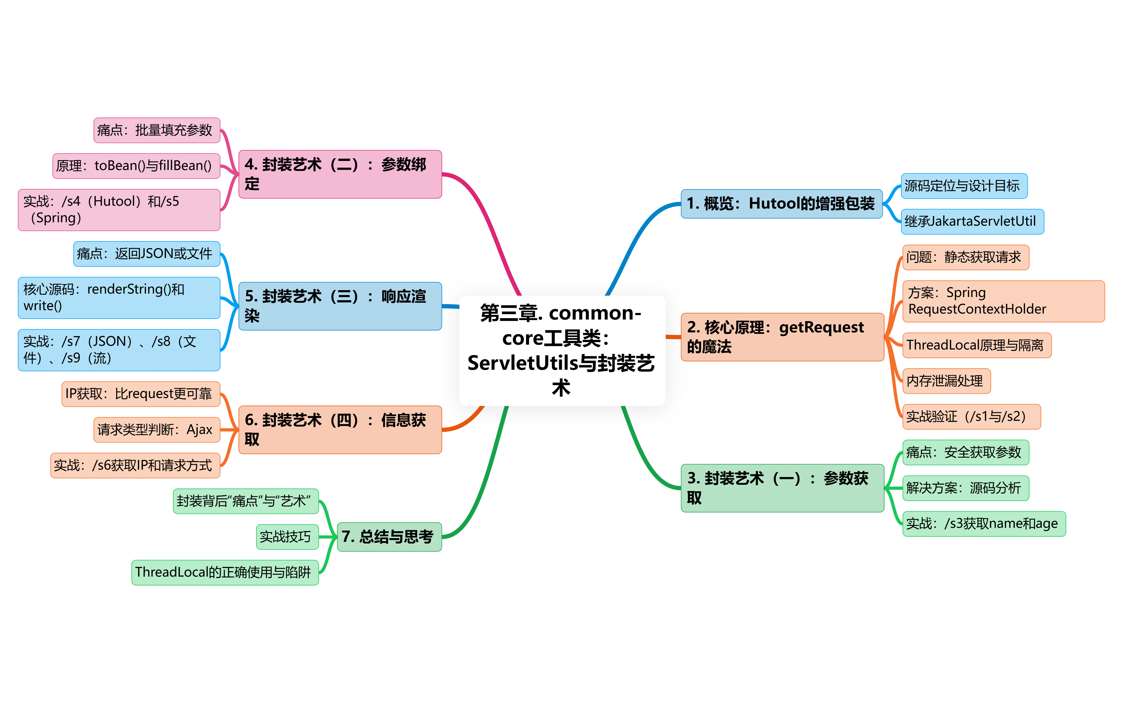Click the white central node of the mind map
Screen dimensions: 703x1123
562,350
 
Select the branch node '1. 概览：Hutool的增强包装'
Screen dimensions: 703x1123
781,204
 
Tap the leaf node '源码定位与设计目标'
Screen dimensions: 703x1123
964,186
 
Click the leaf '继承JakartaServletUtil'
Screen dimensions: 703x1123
971,221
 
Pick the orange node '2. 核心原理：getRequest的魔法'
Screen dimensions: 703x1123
782,337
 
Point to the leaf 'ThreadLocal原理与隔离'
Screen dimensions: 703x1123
976,345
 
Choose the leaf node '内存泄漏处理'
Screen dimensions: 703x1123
946,381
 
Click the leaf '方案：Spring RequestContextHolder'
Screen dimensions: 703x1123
1003,301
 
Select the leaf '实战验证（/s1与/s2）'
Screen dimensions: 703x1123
971,417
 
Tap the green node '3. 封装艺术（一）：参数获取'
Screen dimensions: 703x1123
782,488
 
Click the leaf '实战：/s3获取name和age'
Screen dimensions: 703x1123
983,524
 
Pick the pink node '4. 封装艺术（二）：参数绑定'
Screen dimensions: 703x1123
340,174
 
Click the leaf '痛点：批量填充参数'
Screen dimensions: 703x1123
156,130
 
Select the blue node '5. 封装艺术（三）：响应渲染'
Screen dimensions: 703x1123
340,306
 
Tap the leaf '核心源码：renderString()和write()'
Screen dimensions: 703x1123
118,298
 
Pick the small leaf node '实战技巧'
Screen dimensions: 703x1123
287,537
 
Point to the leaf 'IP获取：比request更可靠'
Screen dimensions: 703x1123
140,394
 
